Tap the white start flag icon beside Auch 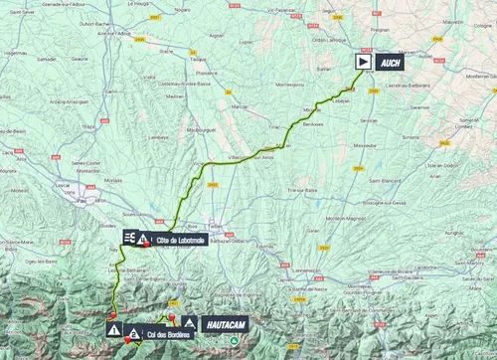pyautogui.click(x=366, y=60)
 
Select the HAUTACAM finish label pyautogui.click(x=222, y=322)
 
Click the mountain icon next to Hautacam pyautogui.click(x=187, y=322)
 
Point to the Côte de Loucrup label pyautogui.click(x=180, y=239)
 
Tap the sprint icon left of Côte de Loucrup pyautogui.click(x=129, y=238)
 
